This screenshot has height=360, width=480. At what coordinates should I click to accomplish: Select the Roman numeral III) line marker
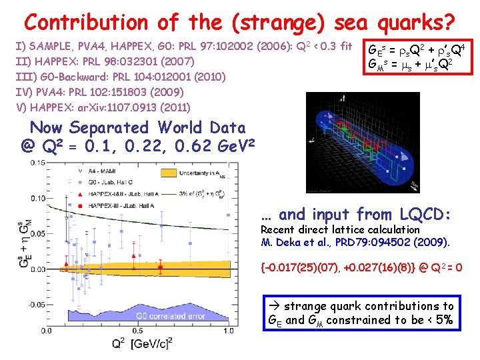coord(25,77)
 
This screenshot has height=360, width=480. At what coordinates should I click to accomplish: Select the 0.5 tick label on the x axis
coord(137,330)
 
